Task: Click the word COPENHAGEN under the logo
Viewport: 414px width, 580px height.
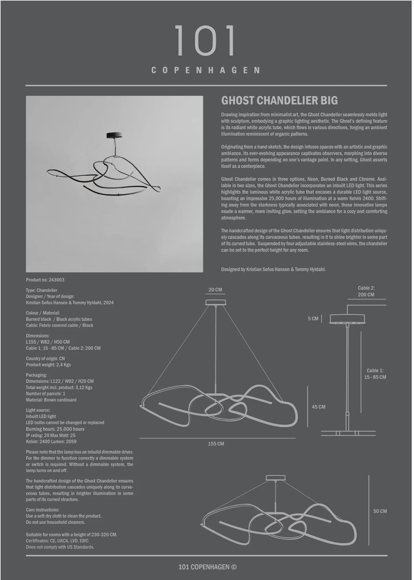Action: tap(206, 70)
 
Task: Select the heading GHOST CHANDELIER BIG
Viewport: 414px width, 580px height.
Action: tap(279, 101)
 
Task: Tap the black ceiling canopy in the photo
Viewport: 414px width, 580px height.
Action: tap(114, 135)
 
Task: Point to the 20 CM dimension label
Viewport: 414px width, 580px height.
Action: tap(215, 290)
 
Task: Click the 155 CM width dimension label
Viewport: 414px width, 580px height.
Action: tap(216, 444)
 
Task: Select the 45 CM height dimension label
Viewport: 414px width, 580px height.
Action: tap(318, 407)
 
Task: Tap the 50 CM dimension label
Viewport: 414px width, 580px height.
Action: tap(380, 511)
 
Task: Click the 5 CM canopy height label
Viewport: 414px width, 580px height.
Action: tap(313, 319)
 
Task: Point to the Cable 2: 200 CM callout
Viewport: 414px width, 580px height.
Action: tap(366, 291)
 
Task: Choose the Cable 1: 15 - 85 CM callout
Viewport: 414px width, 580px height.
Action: tap(375, 374)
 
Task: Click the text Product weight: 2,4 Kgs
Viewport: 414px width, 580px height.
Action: tap(48, 365)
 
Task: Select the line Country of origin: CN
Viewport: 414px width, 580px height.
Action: tap(45, 358)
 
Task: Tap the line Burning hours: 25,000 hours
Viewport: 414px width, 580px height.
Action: tap(55, 429)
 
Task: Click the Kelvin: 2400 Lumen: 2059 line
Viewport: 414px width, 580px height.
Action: tap(51, 442)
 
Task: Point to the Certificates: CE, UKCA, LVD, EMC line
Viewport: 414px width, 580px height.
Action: tap(57, 541)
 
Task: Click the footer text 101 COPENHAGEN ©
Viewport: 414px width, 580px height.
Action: tap(207, 567)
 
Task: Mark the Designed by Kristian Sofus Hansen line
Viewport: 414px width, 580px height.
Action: tap(273, 269)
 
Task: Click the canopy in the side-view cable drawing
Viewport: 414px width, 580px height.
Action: tap(347, 319)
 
